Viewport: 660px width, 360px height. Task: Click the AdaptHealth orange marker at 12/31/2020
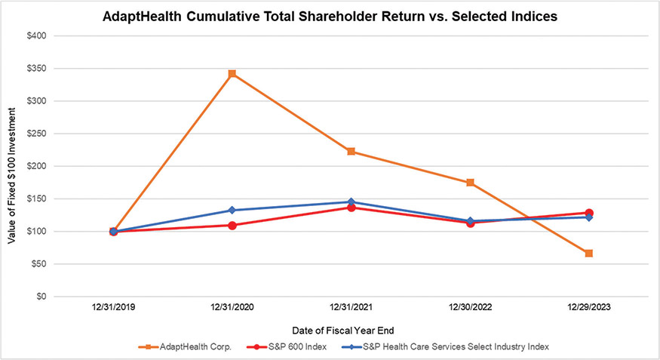(x=232, y=73)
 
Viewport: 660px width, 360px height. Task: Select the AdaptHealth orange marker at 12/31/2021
(x=351, y=152)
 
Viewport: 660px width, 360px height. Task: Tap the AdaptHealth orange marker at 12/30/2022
(x=470, y=183)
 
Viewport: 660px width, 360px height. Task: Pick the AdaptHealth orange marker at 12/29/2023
(x=589, y=253)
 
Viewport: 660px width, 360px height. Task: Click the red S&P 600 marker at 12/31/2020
(x=232, y=225)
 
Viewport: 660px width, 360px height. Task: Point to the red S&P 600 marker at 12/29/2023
(x=589, y=213)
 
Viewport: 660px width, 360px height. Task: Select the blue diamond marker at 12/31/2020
(x=232, y=210)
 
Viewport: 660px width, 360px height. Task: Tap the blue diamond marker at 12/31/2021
(x=351, y=202)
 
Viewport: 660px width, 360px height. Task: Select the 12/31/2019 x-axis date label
(x=113, y=308)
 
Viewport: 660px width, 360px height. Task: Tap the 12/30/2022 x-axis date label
(x=470, y=308)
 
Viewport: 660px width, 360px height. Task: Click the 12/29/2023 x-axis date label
(x=589, y=308)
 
